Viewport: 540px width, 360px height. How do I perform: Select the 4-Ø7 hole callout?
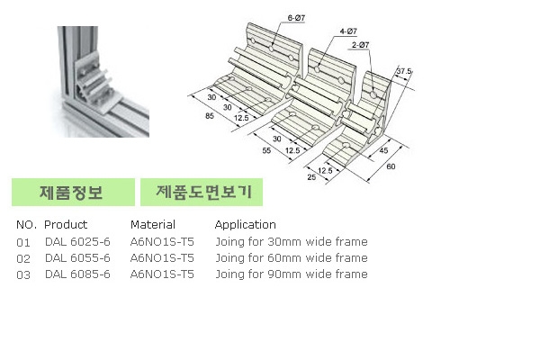pos(346,31)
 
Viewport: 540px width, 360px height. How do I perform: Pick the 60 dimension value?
pos(391,166)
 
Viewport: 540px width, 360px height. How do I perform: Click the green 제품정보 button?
pos(72,193)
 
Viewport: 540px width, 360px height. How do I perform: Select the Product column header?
pos(66,225)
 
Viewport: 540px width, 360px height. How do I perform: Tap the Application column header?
pos(245,225)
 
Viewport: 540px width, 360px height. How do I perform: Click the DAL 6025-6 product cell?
pos(77,241)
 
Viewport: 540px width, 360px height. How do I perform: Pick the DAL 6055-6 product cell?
pos(77,257)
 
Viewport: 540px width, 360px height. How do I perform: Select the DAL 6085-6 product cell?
pos(77,274)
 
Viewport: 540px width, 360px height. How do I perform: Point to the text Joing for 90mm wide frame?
pos(291,274)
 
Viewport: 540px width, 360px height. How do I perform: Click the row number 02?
pos(23,257)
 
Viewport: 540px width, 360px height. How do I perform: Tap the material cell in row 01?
pos(162,241)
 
